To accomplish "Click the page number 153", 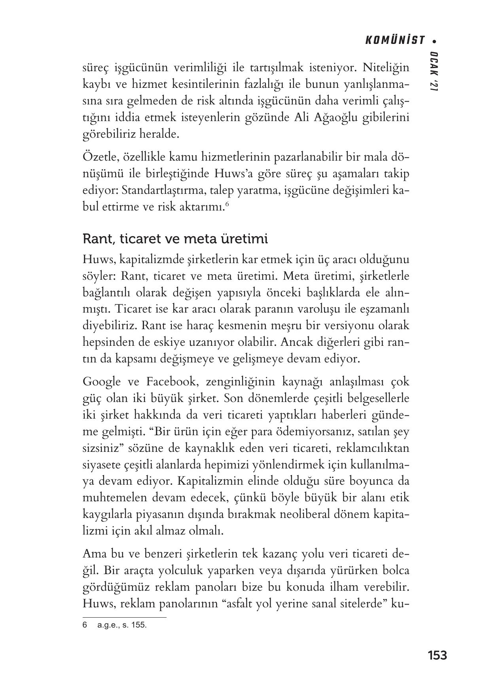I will click(437, 655).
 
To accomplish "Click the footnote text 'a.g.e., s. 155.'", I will click(122, 626).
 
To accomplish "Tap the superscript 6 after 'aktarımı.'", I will click(227, 204).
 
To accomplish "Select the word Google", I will click(102, 382).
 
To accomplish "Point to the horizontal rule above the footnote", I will click(124, 617).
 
